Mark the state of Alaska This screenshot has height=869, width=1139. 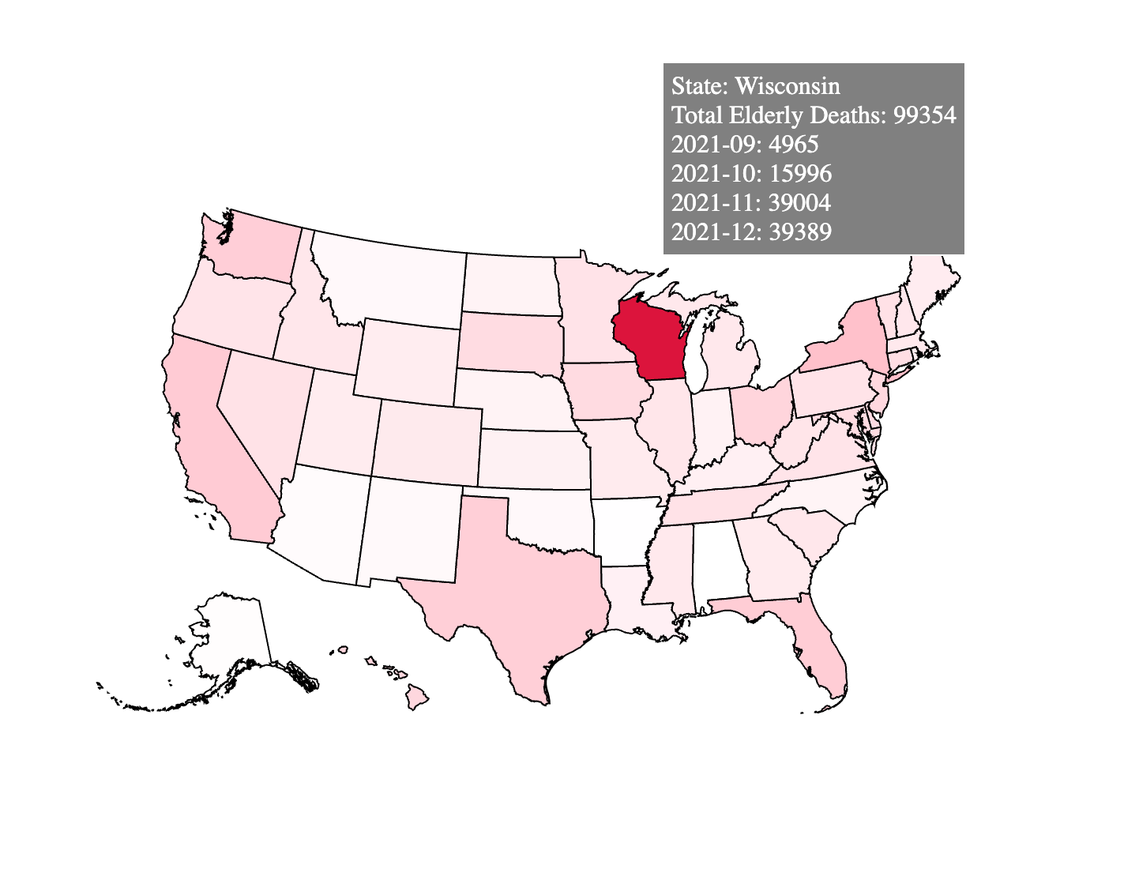pyautogui.click(x=229, y=648)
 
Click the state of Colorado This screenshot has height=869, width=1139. pyautogui.click(x=427, y=442)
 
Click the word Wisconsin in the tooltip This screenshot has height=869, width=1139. pyautogui.click(x=788, y=85)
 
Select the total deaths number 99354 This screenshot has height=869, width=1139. pyautogui.click(x=924, y=115)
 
